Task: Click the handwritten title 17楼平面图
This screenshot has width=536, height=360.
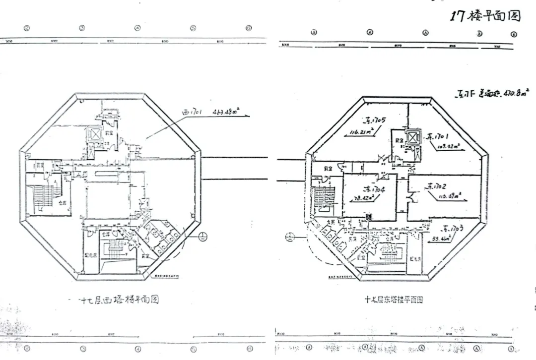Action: (x=485, y=15)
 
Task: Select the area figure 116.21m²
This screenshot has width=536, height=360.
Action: (x=361, y=132)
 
